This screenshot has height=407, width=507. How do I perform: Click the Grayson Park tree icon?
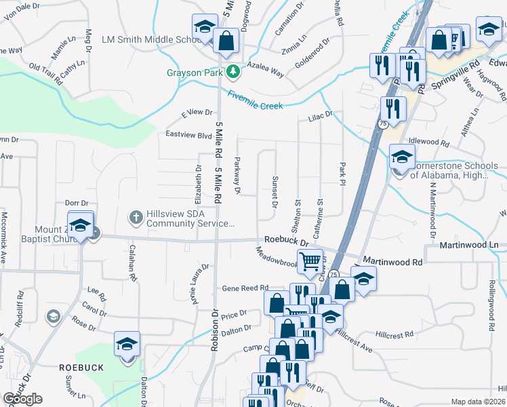pyautogui.click(x=233, y=71)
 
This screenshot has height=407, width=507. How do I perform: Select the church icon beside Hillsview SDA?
pyautogui.click(x=135, y=217)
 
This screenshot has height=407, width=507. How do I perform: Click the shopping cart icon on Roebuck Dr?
pyautogui.click(x=310, y=260)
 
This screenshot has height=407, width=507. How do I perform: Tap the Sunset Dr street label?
pyautogui.click(x=276, y=194)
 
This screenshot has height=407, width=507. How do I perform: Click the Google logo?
pyautogui.click(x=22, y=399)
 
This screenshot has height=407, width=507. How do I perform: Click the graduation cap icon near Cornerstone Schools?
pyautogui.click(x=402, y=157)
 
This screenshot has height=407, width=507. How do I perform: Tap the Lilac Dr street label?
pyautogui.click(x=321, y=116)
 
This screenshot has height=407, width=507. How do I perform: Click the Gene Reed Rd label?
pyautogui.click(x=245, y=288)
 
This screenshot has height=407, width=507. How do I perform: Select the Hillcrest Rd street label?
pyautogui.click(x=394, y=335)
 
